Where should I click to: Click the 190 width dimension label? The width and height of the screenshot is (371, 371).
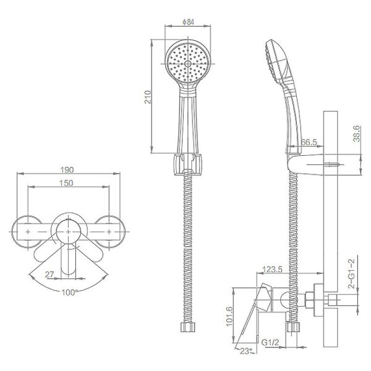[x=68, y=169]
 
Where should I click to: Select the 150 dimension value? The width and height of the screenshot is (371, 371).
[x=68, y=183]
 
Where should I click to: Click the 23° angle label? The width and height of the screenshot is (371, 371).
[x=247, y=352]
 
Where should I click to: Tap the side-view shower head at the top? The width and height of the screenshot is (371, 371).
[x=276, y=59]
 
